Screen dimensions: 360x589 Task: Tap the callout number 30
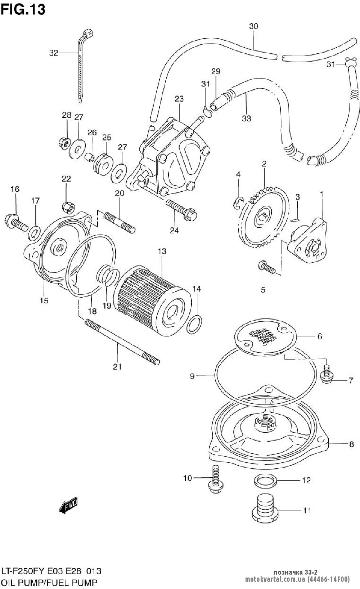(253, 26)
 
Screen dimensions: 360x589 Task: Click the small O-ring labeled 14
(194, 325)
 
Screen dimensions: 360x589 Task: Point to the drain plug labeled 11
(265, 513)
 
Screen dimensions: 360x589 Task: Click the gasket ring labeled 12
(266, 481)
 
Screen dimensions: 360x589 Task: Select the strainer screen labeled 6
(265, 336)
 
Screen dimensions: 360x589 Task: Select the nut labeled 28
(64, 143)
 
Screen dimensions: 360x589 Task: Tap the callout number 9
(192, 376)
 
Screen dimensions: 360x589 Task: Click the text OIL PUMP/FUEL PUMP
(49, 582)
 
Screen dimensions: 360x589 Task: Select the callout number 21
(117, 366)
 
